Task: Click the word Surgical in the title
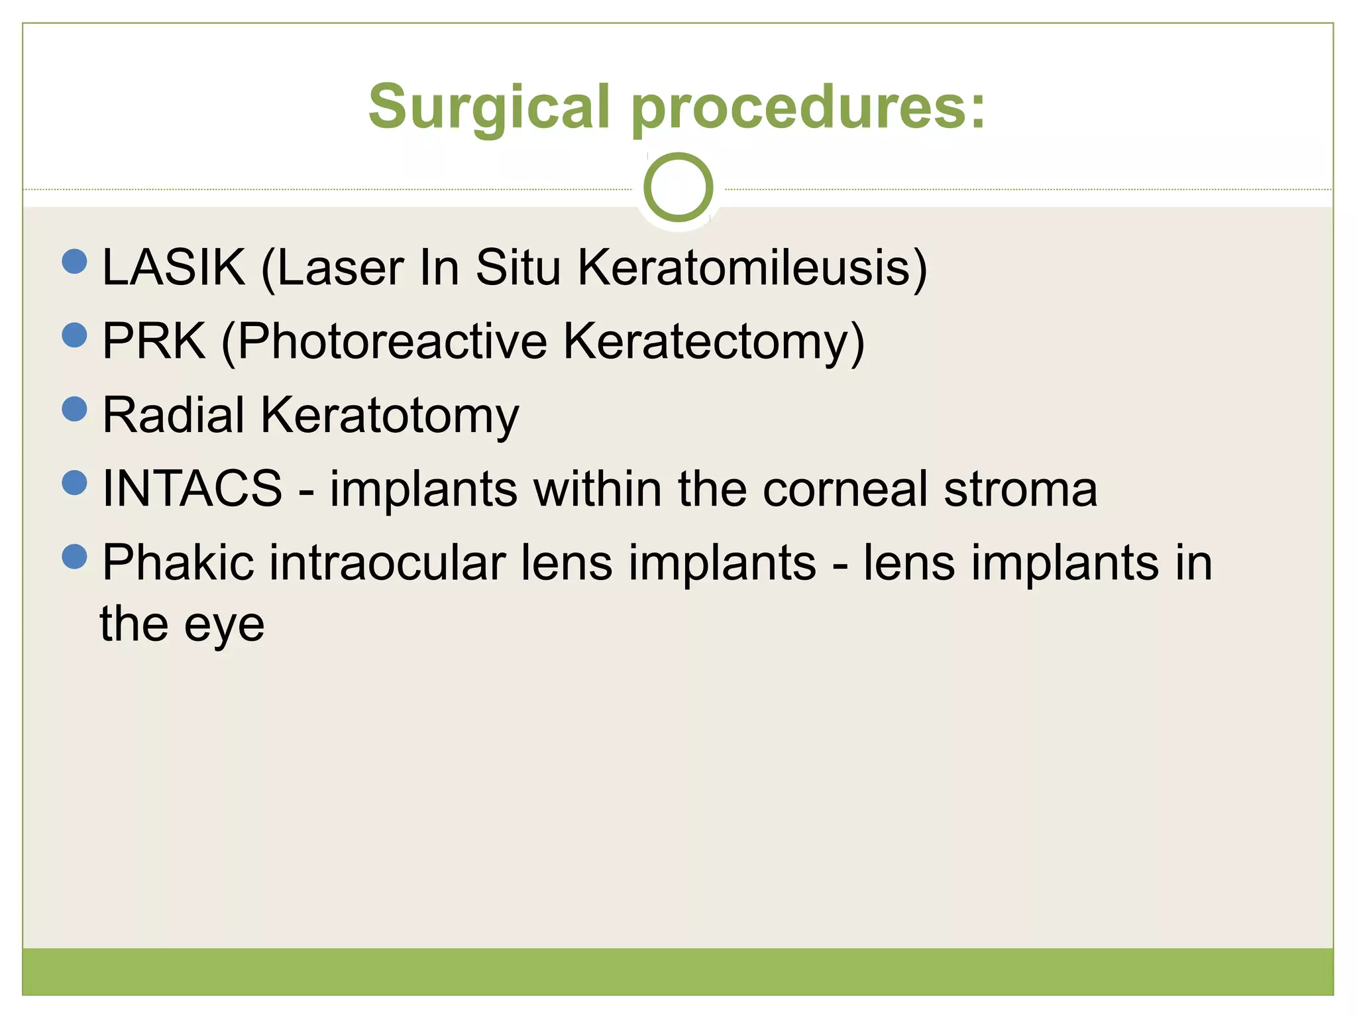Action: click(489, 108)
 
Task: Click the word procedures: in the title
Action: click(808, 108)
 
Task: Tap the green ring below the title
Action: click(678, 187)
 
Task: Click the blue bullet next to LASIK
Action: click(74, 261)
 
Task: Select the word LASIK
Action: click(174, 268)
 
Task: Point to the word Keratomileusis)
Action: click(752, 268)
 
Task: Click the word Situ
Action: click(518, 268)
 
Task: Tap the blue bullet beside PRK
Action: click(74, 335)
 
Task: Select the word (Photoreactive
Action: click(384, 342)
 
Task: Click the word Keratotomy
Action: click(390, 416)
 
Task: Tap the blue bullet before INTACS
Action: click(74, 482)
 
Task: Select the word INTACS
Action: click(192, 489)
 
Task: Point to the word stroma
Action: click(1020, 489)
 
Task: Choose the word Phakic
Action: click(178, 563)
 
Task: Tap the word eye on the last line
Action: click(224, 625)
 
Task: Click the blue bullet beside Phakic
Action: click(74, 556)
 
